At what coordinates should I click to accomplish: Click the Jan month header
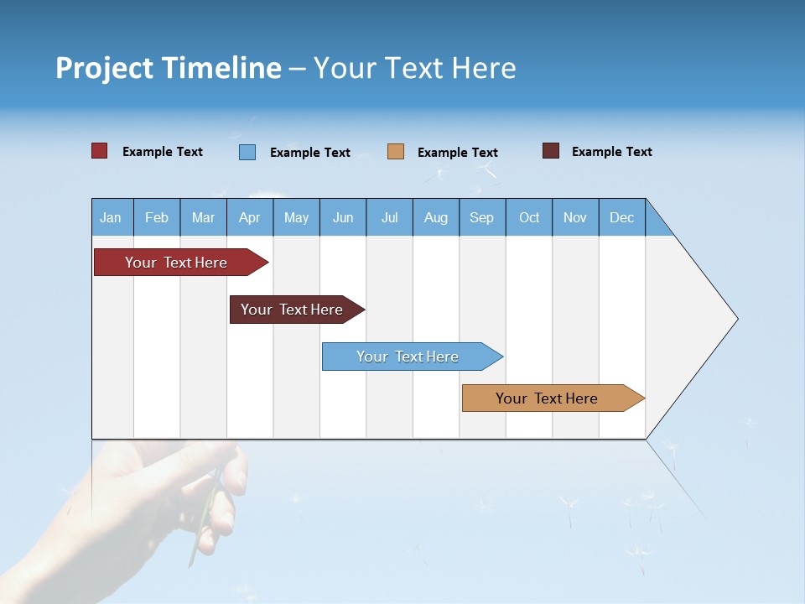coord(111,217)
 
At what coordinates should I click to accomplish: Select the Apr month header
coord(249,217)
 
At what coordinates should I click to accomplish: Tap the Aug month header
coord(435,217)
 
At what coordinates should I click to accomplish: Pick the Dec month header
coord(621,217)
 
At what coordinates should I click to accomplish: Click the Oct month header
coord(529,217)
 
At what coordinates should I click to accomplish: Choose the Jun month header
coord(342,217)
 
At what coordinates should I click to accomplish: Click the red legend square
coord(99,151)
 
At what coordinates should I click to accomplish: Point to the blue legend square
coord(247,152)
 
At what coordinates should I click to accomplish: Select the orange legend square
coord(396,152)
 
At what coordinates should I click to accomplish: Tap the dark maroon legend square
coord(551,151)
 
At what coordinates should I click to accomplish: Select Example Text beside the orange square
coord(457,152)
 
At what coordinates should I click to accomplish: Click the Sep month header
coord(481,217)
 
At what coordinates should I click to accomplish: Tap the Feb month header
coord(157,217)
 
